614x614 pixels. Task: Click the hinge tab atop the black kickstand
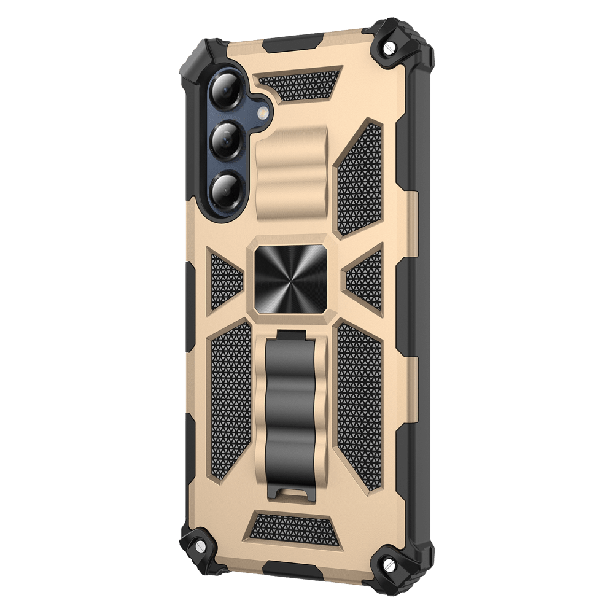[x=291, y=335]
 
